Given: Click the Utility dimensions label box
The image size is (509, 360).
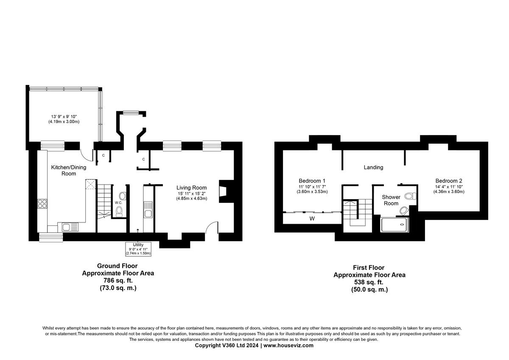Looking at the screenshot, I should pyautogui.click(x=138, y=249).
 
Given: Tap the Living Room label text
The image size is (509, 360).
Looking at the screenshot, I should pyautogui.click(x=192, y=188).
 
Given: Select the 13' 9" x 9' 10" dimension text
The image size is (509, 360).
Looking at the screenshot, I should pyautogui.click(x=64, y=116).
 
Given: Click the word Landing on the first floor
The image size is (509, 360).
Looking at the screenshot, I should pyautogui.click(x=373, y=167).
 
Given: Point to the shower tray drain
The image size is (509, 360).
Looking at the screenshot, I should pyautogui.click(x=401, y=222).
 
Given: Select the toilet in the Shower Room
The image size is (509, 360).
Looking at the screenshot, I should pyautogui.click(x=410, y=196).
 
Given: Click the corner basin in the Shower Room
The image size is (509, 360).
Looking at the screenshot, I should pyautogui.click(x=403, y=210).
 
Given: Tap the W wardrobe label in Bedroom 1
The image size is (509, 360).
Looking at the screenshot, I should pyautogui.click(x=312, y=219).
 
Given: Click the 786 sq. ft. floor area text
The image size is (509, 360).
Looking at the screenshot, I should pyautogui.click(x=117, y=281).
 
